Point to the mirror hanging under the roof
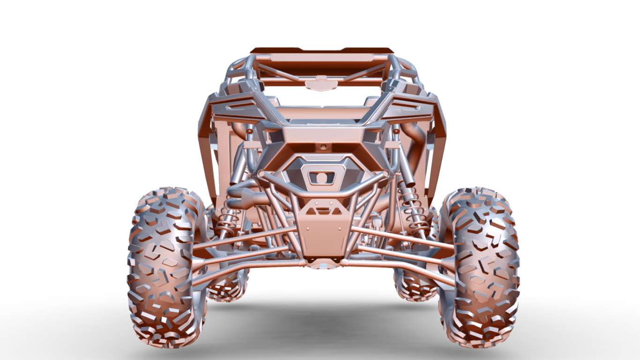pyautogui.click(x=321, y=84)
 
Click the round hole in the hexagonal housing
pyautogui.click(x=321, y=178)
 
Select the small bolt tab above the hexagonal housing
pyautogui.click(x=323, y=147)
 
